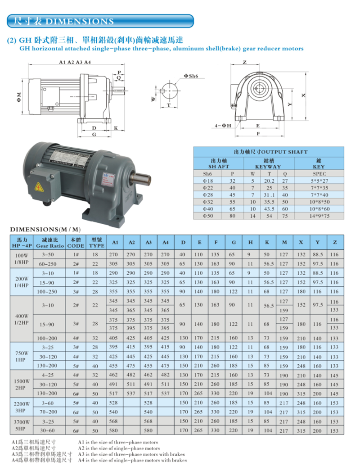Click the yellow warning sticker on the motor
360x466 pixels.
pyautogui.click(x=39, y=187)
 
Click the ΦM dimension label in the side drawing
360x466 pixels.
pyautogui.click(x=19, y=97)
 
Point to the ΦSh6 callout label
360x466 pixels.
pyautogui.click(x=191, y=76)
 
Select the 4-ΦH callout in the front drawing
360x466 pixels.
pyautogui.click(x=223, y=126)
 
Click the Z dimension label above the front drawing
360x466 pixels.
pyautogui.click(x=245, y=62)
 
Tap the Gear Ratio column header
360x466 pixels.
pyautogui.click(x=50, y=246)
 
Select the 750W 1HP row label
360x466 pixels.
pyautogui.click(x=22, y=356)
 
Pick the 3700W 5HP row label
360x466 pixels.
pyautogui.click(x=22, y=425)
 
